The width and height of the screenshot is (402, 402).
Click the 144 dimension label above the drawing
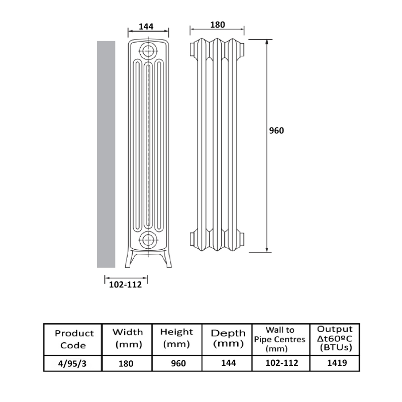click(146, 27)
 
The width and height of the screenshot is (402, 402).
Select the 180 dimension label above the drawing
click(218, 25)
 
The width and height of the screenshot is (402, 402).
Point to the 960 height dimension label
click(276, 131)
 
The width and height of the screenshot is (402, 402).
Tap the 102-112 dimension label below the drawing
click(125, 284)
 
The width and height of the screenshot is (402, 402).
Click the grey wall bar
click(106, 154)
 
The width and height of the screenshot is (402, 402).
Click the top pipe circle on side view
click(148, 51)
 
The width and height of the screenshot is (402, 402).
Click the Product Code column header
click(74, 339)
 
